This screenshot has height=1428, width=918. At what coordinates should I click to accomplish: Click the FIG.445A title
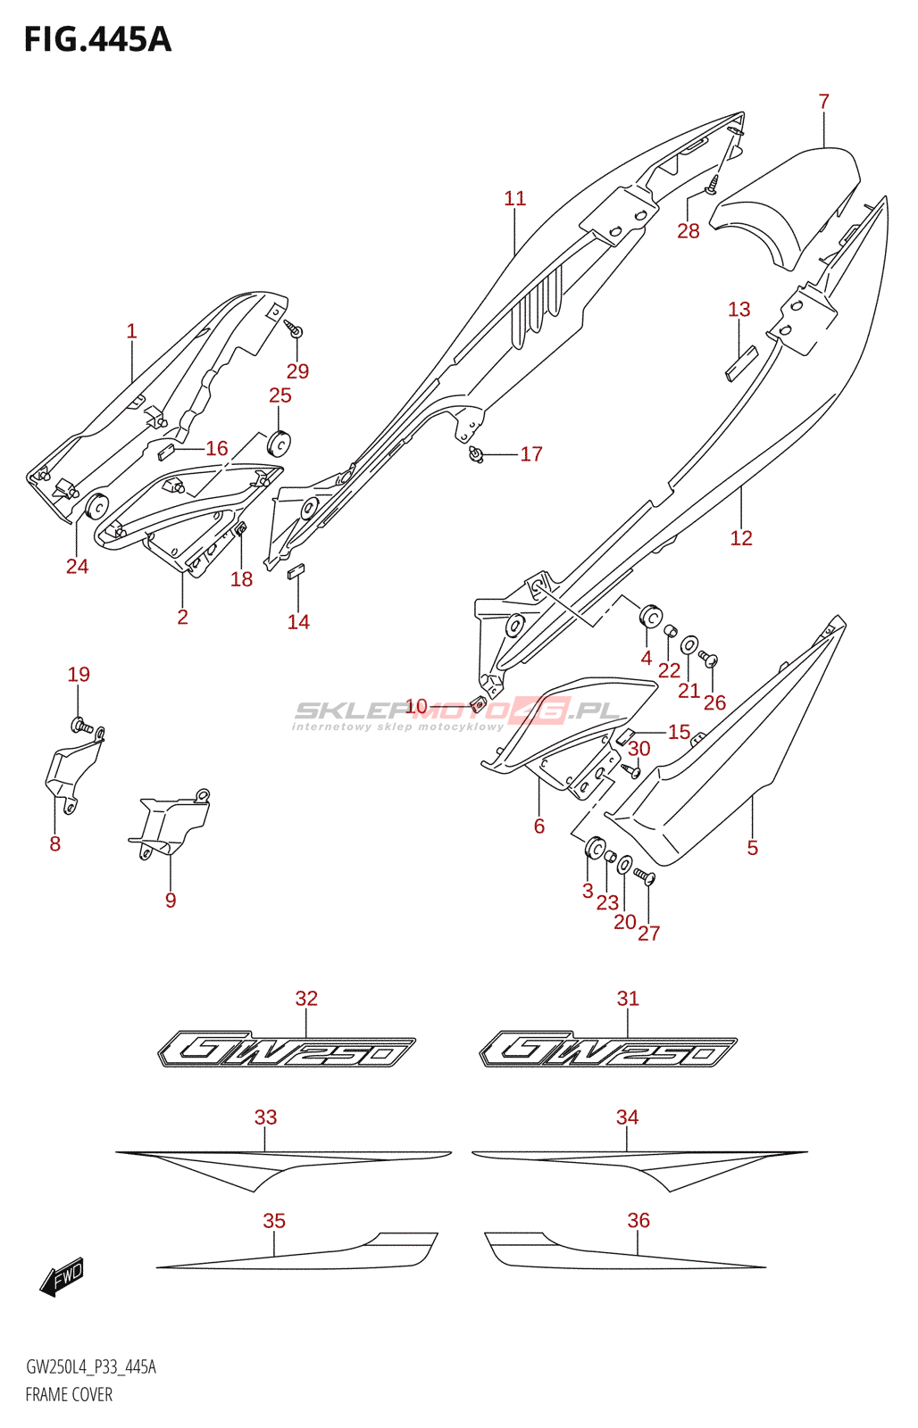[96, 40]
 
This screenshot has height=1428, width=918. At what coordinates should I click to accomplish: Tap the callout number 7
[823, 102]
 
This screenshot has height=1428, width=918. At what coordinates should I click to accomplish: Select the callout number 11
[514, 198]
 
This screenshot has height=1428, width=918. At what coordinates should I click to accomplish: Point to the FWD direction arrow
[63, 1276]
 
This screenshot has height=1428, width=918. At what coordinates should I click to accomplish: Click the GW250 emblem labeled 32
[287, 1050]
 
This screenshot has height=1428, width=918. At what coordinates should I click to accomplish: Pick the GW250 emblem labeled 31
[608, 1050]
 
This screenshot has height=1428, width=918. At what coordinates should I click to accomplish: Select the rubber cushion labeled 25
[280, 442]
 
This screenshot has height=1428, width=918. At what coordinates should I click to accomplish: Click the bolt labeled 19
[80, 725]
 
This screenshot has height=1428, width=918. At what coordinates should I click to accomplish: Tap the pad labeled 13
[740, 363]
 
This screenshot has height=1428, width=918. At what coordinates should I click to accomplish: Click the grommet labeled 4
[649, 617]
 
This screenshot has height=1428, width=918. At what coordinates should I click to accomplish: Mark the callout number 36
[638, 1220]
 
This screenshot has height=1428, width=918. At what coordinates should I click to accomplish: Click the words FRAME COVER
[69, 1394]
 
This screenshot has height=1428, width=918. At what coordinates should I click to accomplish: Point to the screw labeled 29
[294, 329]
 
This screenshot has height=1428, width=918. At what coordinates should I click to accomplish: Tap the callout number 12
[740, 538]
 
